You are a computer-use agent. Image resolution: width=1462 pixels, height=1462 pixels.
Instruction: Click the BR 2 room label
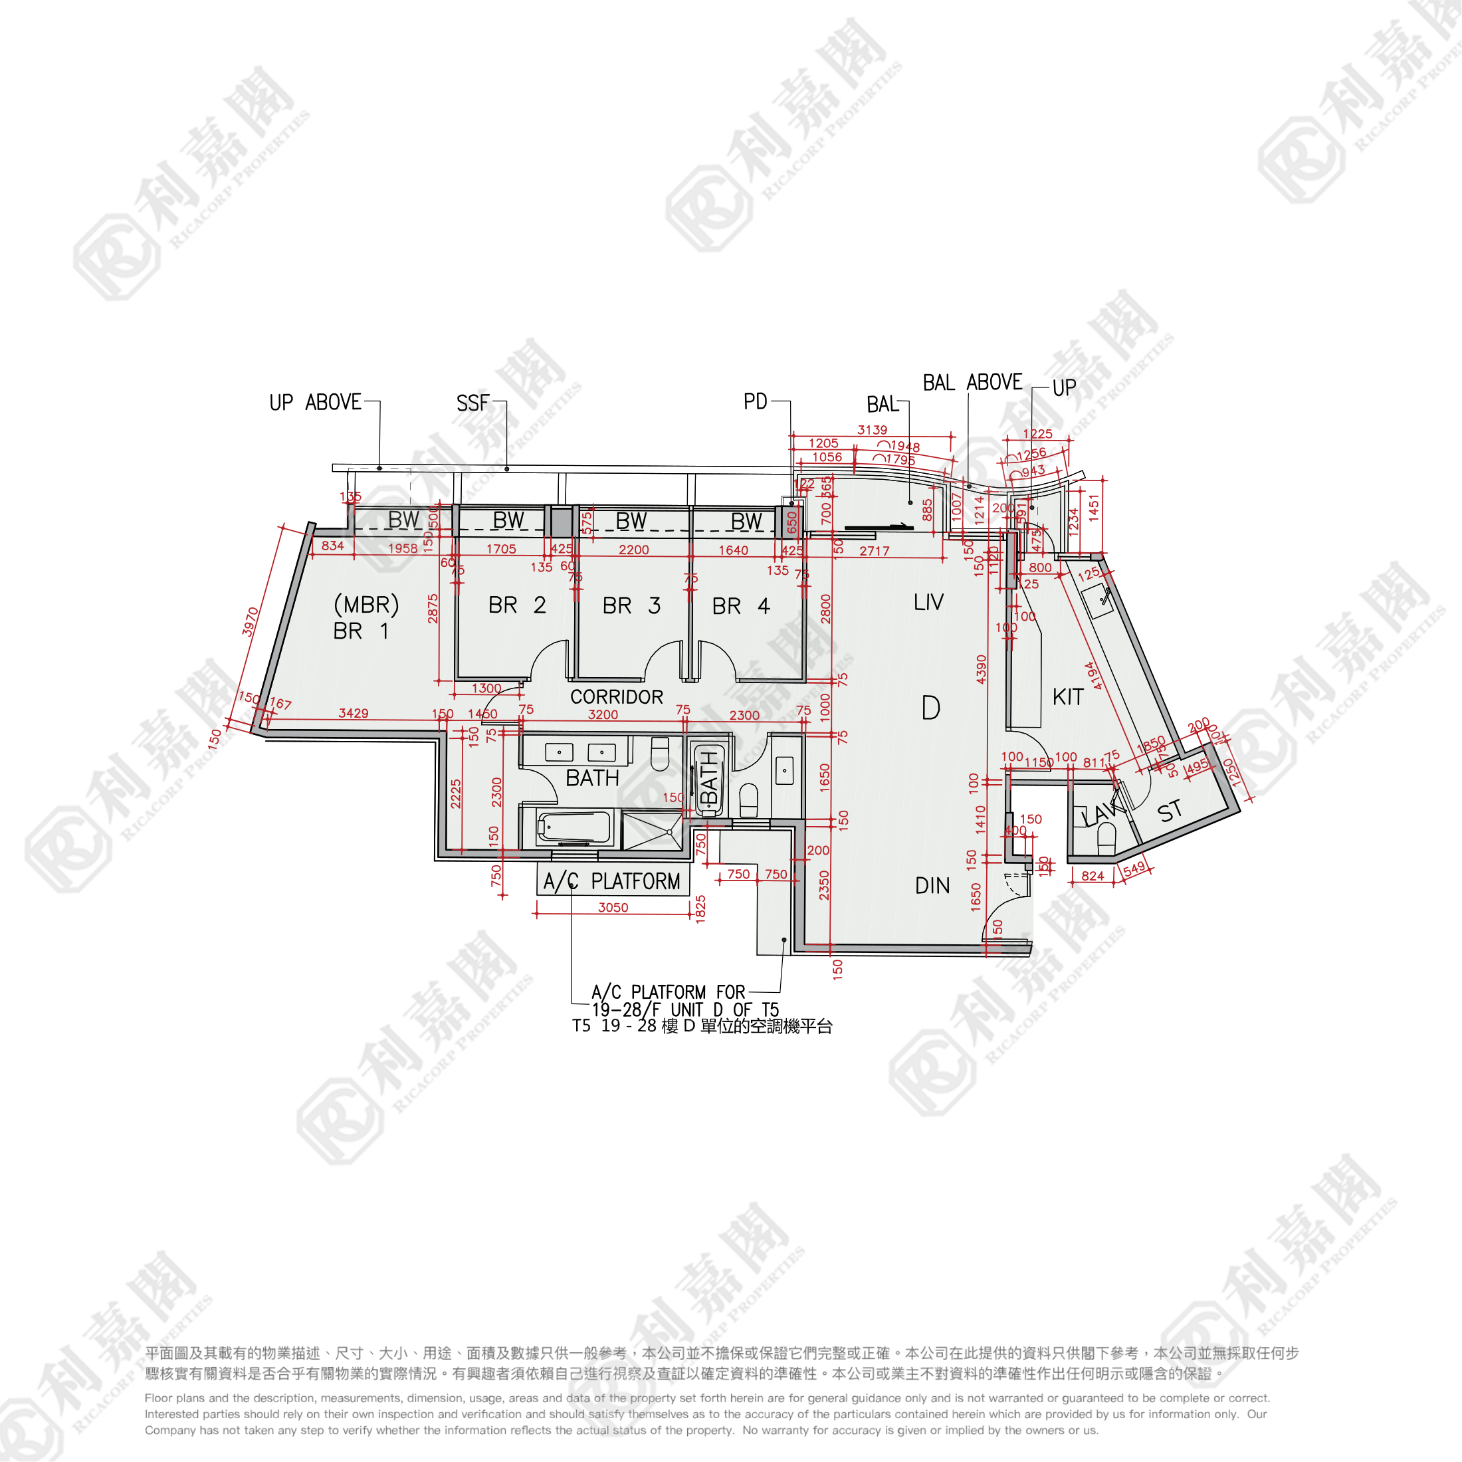517,605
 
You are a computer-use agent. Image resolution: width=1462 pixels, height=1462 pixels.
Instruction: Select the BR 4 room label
741,606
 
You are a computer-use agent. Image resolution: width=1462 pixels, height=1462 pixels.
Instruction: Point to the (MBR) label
366,605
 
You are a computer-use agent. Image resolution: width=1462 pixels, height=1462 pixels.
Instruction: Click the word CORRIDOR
616,697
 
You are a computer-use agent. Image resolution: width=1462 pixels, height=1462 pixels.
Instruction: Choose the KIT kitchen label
1068,697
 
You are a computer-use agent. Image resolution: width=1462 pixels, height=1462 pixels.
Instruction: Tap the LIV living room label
928,602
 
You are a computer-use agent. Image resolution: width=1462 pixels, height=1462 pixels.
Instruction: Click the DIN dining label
932,885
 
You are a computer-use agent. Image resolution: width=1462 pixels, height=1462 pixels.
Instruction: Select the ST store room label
1169,812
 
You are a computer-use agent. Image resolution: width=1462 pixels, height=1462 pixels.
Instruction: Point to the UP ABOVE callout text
316,403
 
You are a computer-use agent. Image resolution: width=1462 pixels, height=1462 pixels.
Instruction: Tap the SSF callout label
473,403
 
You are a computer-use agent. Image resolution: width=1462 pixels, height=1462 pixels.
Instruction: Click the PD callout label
755,402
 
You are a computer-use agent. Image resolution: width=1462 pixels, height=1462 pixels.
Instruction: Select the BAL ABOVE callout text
972,383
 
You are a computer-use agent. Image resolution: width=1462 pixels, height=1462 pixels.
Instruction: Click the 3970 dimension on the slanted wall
251,622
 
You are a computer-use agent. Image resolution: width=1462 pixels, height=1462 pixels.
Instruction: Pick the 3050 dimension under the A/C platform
613,907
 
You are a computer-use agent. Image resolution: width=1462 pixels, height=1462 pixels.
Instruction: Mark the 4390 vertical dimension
982,669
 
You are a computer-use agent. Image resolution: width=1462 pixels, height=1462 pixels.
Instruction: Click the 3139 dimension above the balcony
872,430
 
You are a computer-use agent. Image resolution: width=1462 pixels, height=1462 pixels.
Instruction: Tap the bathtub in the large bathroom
573,829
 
